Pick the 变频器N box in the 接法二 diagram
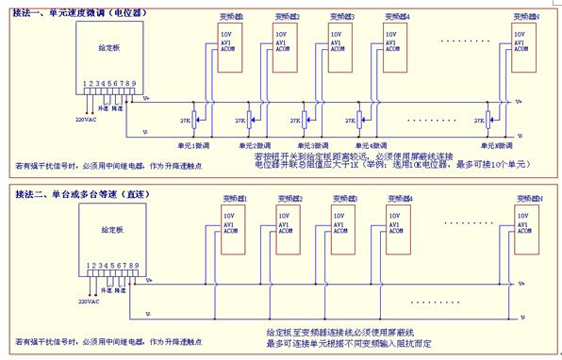[527, 226]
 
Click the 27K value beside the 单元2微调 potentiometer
[239, 120]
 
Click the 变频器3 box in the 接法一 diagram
[339, 43]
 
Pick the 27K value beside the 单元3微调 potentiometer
[295, 120]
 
